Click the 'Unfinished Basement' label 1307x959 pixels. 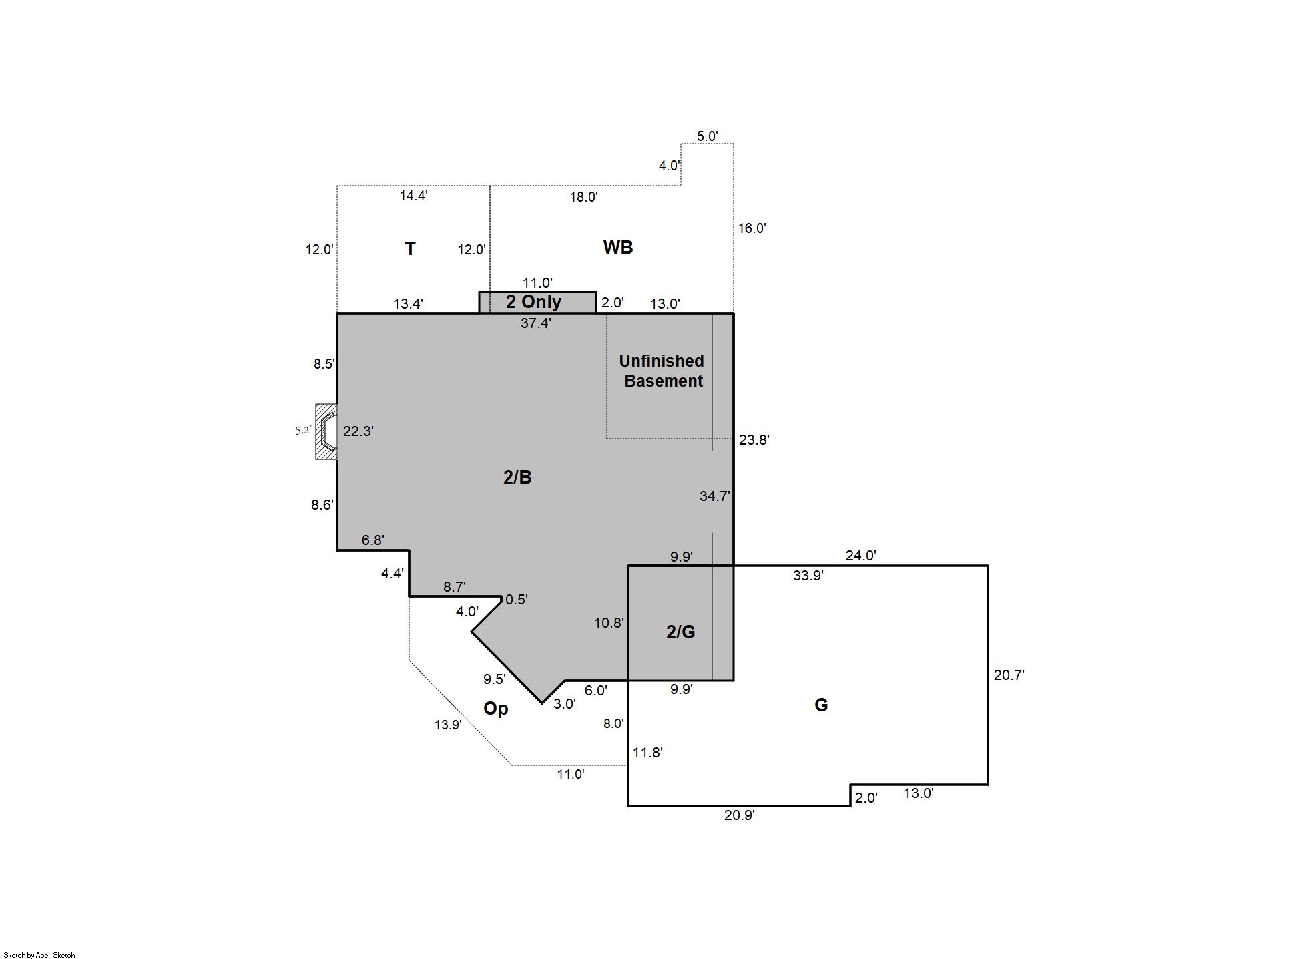tap(662, 371)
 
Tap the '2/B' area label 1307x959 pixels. tap(517, 477)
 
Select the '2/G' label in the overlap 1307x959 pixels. tap(681, 632)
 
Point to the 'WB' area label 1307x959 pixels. tap(618, 248)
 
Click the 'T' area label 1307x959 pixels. tap(411, 249)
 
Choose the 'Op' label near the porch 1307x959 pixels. tap(496, 709)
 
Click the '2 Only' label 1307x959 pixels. tap(534, 302)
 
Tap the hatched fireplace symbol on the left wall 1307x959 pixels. tap(326, 431)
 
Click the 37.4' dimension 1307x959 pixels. tap(536, 323)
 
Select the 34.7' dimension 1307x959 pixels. tap(715, 496)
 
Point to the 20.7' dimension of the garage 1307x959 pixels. tap(1009, 675)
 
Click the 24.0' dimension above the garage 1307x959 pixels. tap(861, 556)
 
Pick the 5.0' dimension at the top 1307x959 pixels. tap(708, 136)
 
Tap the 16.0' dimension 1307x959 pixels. tap(752, 228)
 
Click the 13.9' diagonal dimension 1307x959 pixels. tap(448, 725)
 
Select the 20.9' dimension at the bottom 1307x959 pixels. tap(740, 815)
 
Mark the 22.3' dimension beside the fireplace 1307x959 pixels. tap(358, 431)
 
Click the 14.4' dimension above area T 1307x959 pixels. tap(414, 196)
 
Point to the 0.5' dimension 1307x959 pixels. tap(517, 600)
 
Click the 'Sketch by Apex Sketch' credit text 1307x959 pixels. tap(39, 955)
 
